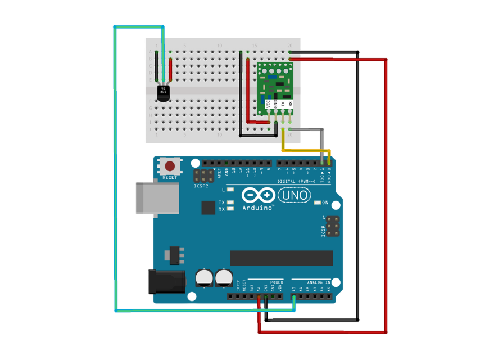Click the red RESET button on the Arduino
(x=169, y=166)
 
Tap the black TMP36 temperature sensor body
(x=164, y=93)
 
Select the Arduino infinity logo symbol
(x=259, y=195)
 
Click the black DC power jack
(x=166, y=281)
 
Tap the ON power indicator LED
(x=317, y=202)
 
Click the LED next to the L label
(x=230, y=190)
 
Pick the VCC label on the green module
(x=268, y=103)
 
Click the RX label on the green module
(x=290, y=103)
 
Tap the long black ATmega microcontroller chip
(x=281, y=258)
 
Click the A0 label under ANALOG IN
(x=294, y=289)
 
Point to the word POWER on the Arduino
(x=277, y=282)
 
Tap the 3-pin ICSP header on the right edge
(x=333, y=226)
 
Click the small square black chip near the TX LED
(x=209, y=208)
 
